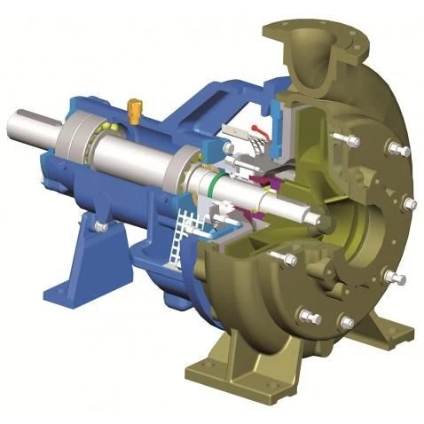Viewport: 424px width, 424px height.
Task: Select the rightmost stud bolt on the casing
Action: [409, 204]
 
